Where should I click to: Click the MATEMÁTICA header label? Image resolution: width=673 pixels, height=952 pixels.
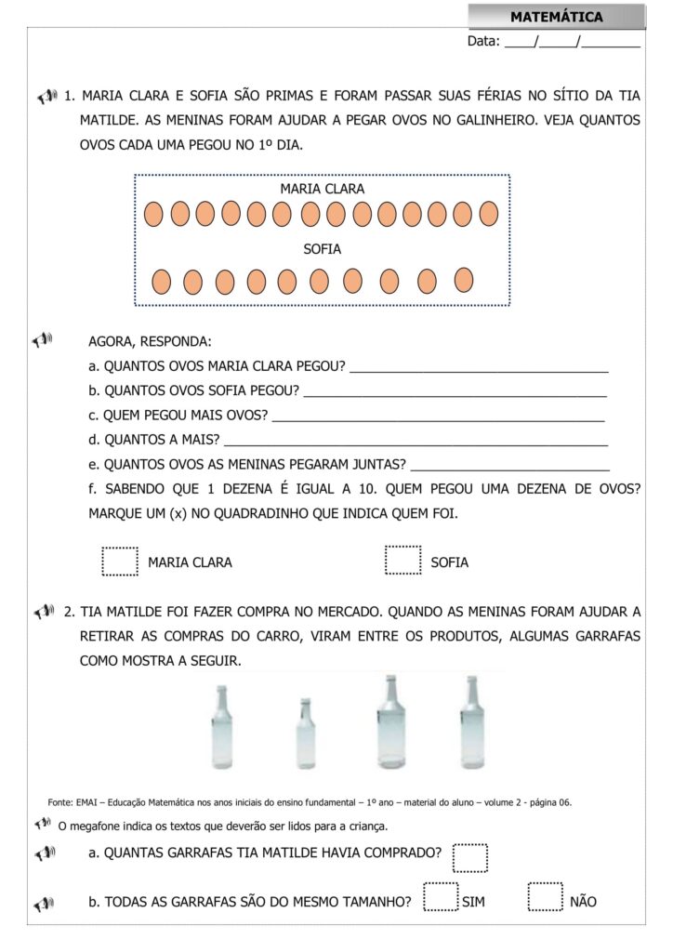point(556,17)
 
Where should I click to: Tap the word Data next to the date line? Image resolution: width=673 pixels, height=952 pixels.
point(483,41)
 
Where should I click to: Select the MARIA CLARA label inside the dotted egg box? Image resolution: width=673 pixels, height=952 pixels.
point(323,189)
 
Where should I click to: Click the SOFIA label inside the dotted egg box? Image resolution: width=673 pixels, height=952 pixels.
point(323,249)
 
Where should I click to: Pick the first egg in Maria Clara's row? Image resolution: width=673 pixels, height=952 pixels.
point(154,215)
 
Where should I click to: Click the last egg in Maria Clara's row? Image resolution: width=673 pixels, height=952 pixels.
point(489,214)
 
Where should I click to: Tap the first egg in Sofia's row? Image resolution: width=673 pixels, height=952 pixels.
point(161,281)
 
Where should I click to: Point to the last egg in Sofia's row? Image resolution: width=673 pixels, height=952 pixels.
point(464,279)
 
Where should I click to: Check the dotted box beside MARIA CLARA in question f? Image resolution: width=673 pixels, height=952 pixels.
point(120,561)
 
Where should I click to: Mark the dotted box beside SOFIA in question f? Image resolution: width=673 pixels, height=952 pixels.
point(402,561)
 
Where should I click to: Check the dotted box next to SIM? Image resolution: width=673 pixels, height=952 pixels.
point(440,898)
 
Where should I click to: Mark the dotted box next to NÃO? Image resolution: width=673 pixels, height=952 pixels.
point(545,898)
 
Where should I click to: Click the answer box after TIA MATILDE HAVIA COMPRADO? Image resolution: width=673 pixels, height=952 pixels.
point(470,857)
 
